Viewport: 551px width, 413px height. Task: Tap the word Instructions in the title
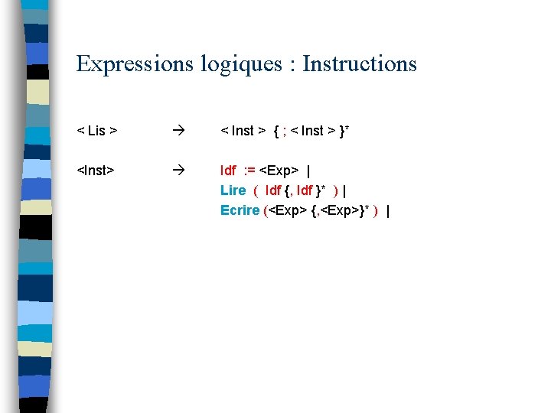coord(360,63)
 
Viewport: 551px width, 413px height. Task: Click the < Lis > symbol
coord(97,131)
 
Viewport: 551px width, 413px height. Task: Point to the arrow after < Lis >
coord(177,131)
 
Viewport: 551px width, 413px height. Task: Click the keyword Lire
coord(233,190)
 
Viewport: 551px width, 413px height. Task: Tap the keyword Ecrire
coord(240,210)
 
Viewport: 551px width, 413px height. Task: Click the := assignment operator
coord(249,171)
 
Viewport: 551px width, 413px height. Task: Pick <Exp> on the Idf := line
coord(279,171)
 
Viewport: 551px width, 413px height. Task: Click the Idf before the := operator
coord(227,171)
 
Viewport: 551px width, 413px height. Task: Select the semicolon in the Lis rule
coord(285,131)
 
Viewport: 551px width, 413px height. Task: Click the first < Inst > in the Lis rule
coord(243,131)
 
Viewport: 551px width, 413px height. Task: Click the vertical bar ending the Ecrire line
coord(388,210)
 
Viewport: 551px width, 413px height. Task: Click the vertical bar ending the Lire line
coord(346,190)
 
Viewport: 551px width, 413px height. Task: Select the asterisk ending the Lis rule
coord(347,128)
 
